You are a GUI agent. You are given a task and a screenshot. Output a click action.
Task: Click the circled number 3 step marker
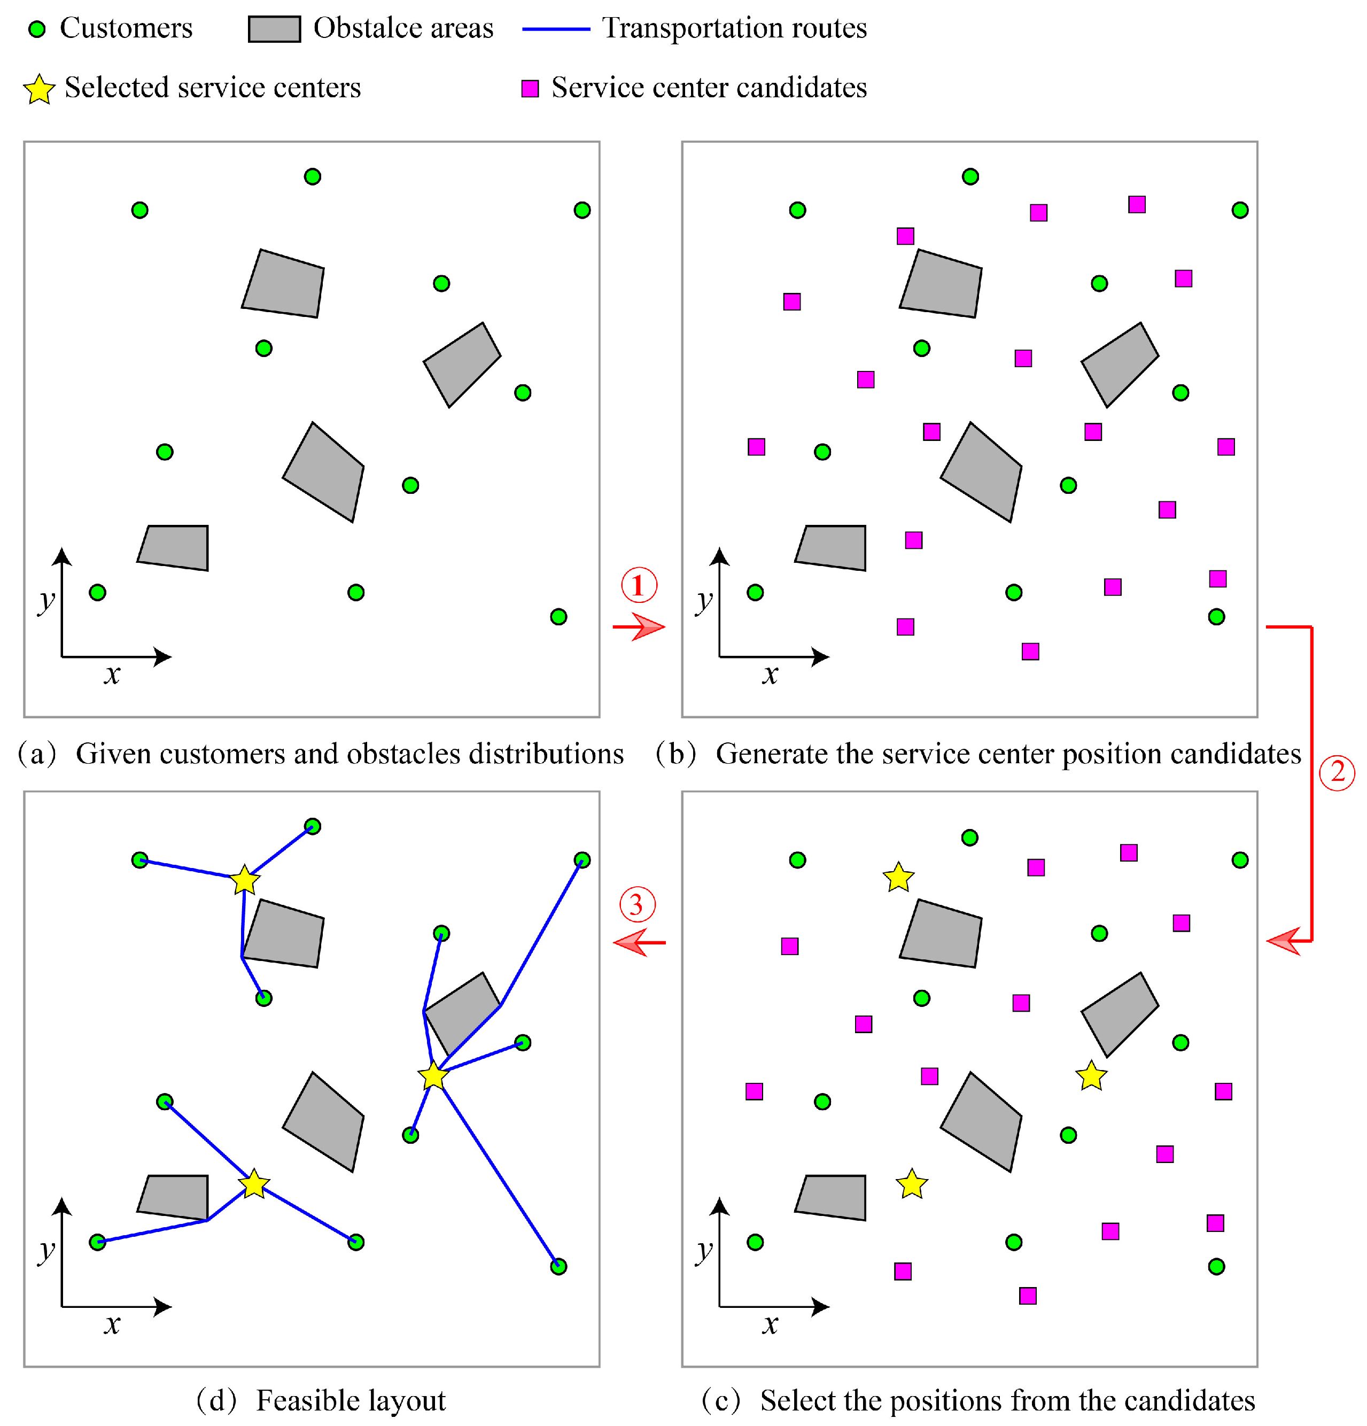point(636,904)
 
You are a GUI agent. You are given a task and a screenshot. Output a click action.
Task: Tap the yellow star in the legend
point(40,89)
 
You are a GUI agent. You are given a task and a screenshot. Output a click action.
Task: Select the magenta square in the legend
point(530,89)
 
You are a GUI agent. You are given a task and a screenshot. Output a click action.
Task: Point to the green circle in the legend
point(36,29)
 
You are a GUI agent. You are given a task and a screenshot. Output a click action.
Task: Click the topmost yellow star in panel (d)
point(244,880)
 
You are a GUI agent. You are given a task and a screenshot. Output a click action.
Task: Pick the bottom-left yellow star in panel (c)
point(912,1184)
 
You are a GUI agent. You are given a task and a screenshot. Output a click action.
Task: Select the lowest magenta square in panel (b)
point(1030,651)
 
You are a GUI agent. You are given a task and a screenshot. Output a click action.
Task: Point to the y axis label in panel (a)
point(46,601)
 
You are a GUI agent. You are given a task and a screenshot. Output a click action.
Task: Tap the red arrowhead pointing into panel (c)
point(1283,941)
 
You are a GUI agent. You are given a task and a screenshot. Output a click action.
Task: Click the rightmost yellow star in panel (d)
point(433,1075)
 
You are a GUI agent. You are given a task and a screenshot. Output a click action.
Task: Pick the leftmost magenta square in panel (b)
point(757,447)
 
